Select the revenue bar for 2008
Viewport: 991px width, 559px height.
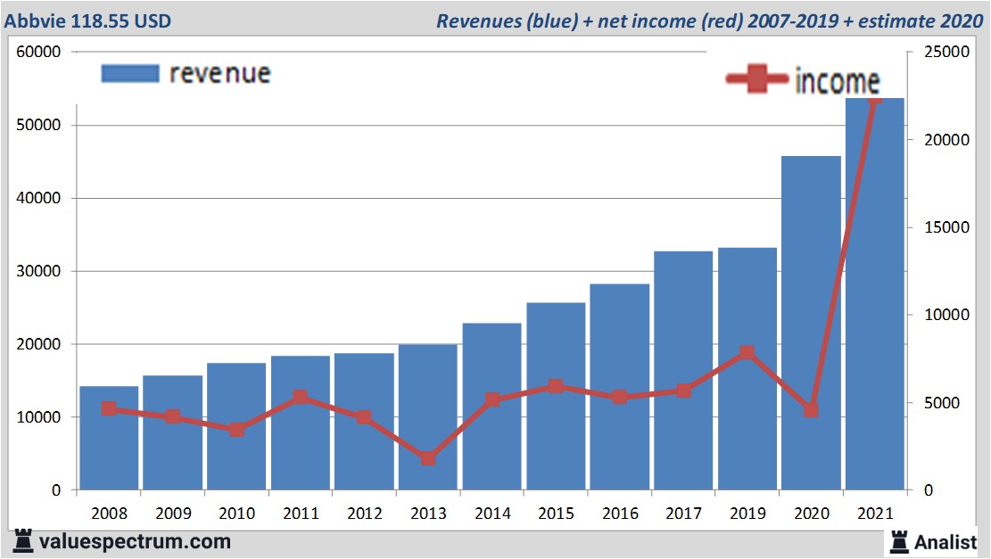(109, 438)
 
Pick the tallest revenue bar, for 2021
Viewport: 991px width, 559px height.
(875, 294)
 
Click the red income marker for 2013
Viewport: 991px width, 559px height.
(428, 458)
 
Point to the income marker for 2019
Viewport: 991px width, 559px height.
(747, 352)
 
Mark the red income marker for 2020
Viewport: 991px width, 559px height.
(811, 410)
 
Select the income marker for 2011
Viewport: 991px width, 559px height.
(301, 398)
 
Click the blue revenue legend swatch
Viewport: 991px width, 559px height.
(130, 73)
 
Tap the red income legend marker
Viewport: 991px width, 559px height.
(757, 80)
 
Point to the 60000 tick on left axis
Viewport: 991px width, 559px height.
(38, 52)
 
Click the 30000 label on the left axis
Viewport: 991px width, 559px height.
(38, 271)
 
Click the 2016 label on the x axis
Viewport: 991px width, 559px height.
(620, 514)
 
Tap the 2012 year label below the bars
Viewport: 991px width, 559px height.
(364, 514)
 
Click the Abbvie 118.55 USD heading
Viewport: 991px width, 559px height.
(88, 21)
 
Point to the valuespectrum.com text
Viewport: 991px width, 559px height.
(135, 541)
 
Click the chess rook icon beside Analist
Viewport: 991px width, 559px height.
(899, 541)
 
